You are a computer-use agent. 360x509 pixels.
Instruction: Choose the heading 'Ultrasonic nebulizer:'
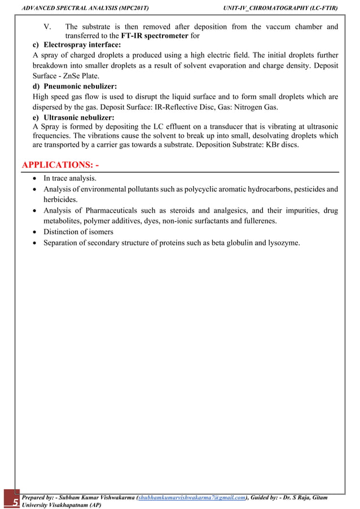78,118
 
